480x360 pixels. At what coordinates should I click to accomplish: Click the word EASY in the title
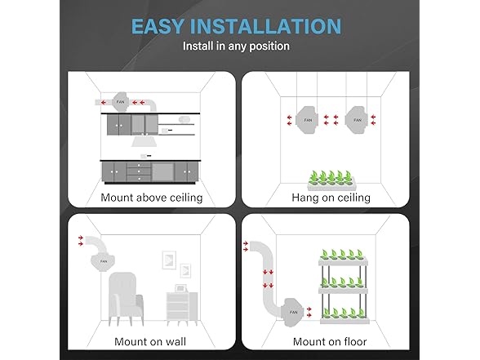pyautogui.click(x=158, y=26)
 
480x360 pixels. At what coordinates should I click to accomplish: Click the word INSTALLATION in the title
pyautogui.click(x=265, y=26)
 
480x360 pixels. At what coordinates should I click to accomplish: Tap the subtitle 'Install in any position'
pyautogui.click(x=236, y=47)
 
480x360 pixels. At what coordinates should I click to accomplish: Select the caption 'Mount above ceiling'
pyautogui.click(x=152, y=198)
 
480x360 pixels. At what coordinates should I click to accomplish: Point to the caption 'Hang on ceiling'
pyautogui.click(x=331, y=198)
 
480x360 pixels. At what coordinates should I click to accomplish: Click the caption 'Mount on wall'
pyautogui.click(x=150, y=341)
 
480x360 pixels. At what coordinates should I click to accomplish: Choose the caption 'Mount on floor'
pyautogui.click(x=330, y=341)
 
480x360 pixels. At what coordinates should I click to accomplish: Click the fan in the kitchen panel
pyautogui.click(x=121, y=101)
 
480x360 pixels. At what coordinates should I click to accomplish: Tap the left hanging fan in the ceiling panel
pyautogui.click(x=307, y=120)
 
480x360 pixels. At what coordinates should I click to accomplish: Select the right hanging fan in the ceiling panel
pyautogui.click(x=356, y=120)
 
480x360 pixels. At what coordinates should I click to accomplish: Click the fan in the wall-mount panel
pyautogui.click(x=104, y=262)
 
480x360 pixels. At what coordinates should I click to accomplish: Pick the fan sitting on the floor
pyautogui.click(x=294, y=312)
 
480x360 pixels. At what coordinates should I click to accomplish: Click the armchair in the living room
pyautogui.click(x=126, y=299)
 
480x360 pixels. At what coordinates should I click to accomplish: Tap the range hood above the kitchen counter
pyautogui.click(x=144, y=141)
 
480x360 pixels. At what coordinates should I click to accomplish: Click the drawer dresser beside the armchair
pyautogui.click(x=182, y=308)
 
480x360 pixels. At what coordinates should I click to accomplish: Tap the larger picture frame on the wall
pyautogui.click(x=169, y=260)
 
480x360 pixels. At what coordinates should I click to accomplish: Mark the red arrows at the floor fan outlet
pyautogui.click(x=309, y=312)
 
